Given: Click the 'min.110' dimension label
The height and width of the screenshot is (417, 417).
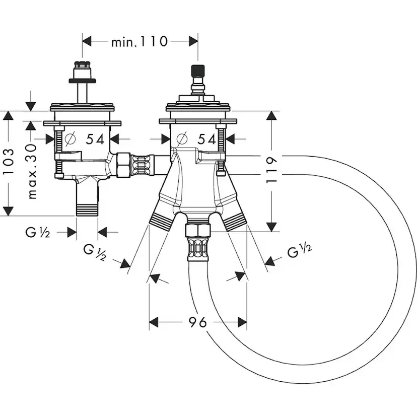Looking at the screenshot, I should (x=139, y=41).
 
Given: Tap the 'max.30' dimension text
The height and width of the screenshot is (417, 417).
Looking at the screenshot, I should (x=32, y=171).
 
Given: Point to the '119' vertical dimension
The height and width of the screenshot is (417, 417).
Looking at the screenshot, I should (x=271, y=171).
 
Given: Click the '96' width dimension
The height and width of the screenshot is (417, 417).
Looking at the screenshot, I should (x=198, y=322).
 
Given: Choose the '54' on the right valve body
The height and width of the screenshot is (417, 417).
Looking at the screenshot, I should (x=206, y=138).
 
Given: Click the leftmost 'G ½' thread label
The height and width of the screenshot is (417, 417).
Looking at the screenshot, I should (x=37, y=232).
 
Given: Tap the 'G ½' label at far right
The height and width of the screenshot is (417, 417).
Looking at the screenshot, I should (x=300, y=250).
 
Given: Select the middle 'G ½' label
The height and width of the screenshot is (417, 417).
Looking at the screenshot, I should (x=94, y=251).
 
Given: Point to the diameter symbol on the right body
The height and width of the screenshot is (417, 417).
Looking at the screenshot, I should (x=182, y=138).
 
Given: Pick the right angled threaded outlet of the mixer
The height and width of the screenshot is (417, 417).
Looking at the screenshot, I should (x=234, y=221).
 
